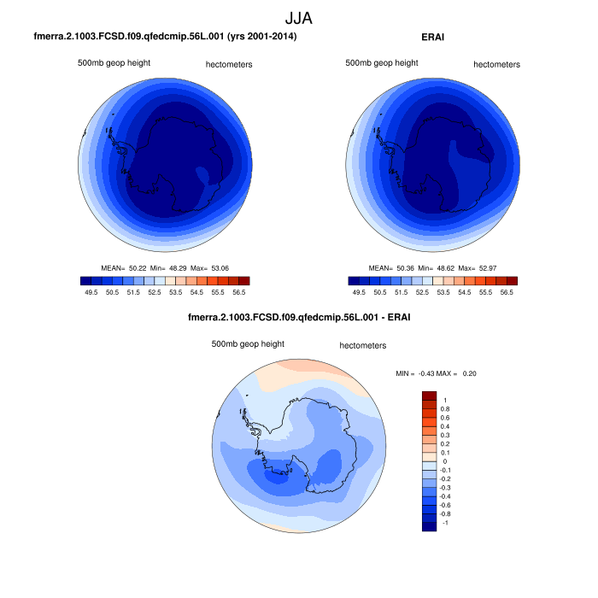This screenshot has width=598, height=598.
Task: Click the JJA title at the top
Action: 298,16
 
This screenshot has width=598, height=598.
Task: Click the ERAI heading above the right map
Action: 433,37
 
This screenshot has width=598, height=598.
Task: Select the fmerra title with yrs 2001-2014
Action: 165,37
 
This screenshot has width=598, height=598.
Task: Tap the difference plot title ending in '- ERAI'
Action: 298,319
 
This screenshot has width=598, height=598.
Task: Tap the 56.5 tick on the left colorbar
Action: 239,292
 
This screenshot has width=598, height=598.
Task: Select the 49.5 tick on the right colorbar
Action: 359,292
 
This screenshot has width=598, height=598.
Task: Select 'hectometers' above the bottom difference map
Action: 363,345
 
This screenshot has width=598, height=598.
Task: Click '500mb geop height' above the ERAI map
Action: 382,63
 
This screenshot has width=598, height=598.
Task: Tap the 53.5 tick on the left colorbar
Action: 175,292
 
